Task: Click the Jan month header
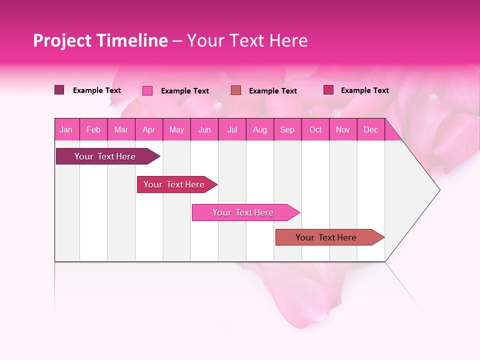(x=66, y=130)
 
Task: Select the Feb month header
(x=93, y=130)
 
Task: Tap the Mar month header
(x=121, y=130)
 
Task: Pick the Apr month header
(x=149, y=130)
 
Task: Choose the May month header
(x=176, y=130)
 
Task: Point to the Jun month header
(x=204, y=130)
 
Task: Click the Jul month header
(x=232, y=130)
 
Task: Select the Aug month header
(x=260, y=130)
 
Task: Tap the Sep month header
(x=287, y=130)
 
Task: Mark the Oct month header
(x=315, y=130)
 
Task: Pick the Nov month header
(x=343, y=130)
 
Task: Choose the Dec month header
(x=371, y=130)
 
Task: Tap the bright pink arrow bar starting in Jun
(x=243, y=212)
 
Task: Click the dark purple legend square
(x=59, y=90)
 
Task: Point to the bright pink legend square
(x=147, y=90)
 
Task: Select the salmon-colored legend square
(x=236, y=90)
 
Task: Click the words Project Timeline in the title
(x=100, y=40)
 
